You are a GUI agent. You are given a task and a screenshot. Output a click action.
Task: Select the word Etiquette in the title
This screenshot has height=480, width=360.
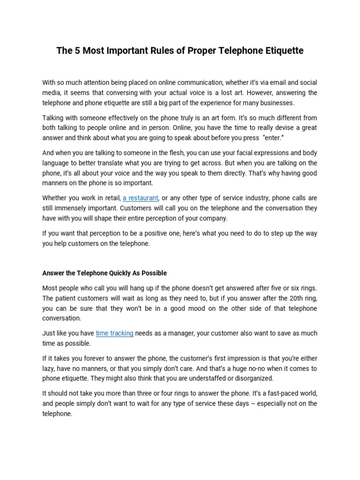(282, 51)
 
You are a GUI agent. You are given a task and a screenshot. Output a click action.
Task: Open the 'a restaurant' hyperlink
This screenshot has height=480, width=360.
(141, 198)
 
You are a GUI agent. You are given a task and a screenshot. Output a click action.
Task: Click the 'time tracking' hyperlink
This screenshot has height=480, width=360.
(114, 333)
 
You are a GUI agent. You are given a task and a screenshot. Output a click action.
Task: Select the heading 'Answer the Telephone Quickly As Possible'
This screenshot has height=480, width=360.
(105, 273)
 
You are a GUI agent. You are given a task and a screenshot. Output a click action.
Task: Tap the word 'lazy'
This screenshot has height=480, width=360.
(49, 368)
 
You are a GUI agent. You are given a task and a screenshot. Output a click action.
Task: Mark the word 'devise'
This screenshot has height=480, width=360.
(274, 128)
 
